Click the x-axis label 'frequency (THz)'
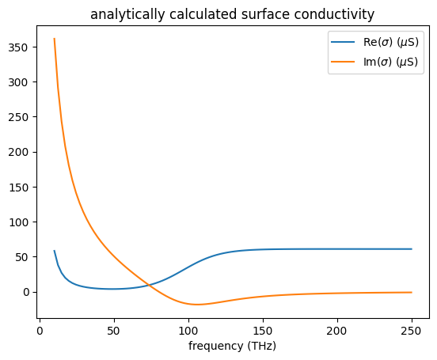pyautogui.click(x=232, y=346)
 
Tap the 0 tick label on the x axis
pyautogui.click(x=40, y=329)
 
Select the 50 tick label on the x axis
pyautogui.click(x=114, y=329)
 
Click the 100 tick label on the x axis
pyautogui.click(x=188, y=329)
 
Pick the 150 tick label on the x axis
pyautogui.click(x=263, y=329)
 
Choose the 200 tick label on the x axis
pyautogui.click(x=337, y=329)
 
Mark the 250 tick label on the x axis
pyautogui.click(x=412, y=329)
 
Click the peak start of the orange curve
pyautogui.click(x=54, y=39)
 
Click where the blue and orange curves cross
pyautogui.click(x=150, y=285)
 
